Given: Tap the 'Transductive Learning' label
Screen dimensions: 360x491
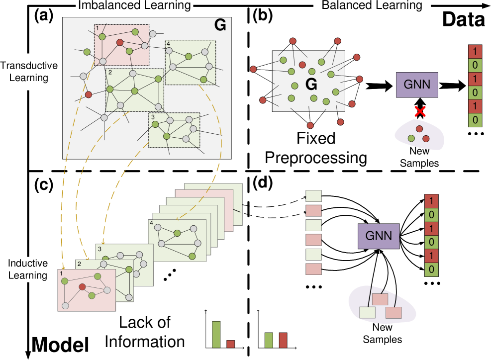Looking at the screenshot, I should [x=29, y=72].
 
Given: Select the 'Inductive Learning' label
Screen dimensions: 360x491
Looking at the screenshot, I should [x=28, y=270].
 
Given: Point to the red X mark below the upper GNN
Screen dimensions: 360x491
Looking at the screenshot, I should [x=420, y=111].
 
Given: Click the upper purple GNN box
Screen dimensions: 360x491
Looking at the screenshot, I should [x=417, y=84].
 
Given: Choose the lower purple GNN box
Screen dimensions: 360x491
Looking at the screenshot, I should [x=379, y=236].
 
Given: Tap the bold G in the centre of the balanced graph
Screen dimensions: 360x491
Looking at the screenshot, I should [x=311, y=85].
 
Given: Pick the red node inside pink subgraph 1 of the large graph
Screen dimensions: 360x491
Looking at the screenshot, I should [x=120, y=42].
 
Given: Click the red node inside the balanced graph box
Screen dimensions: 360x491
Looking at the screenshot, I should [x=302, y=65].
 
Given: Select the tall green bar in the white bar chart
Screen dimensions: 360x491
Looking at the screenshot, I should [x=216, y=334].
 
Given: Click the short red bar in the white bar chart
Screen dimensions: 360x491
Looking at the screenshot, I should [x=230, y=344].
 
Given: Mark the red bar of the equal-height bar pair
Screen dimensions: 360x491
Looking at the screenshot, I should [x=283, y=340].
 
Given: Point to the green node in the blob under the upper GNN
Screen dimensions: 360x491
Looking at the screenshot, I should [x=411, y=138].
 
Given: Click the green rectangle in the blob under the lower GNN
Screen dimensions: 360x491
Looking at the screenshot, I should [x=367, y=312].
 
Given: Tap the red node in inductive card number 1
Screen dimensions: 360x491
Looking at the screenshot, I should [x=83, y=286].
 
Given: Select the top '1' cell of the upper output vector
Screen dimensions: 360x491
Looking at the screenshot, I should [x=475, y=51].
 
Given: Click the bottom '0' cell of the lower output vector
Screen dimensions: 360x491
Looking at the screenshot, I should [x=431, y=270].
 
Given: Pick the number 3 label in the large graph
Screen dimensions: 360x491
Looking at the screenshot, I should [x=153, y=117].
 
